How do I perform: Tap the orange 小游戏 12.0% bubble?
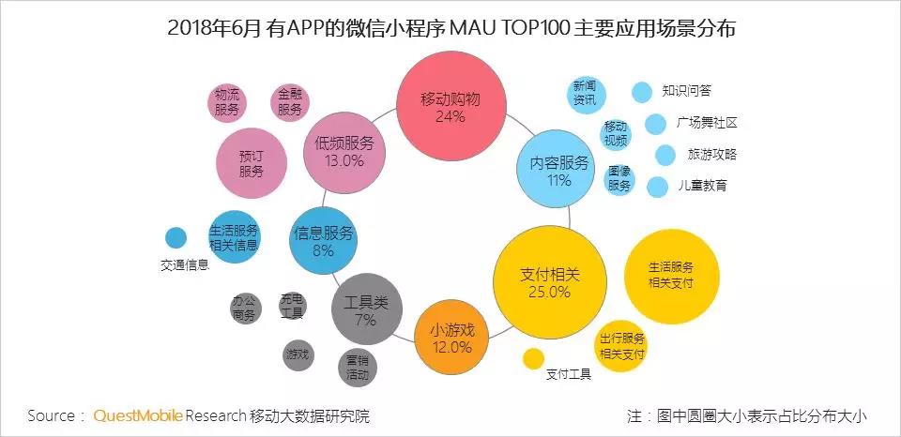point(451,338)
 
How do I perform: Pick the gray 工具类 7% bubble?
point(366,310)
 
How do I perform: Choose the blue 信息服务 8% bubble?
point(323,241)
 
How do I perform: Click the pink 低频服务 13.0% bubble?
point(344,152)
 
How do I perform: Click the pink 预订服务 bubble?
point(252,164)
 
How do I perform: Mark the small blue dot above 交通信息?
point(176,238)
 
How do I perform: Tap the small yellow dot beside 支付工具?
point(533,358)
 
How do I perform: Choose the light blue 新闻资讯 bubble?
point(585,93)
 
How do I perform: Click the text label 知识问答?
point(686,91)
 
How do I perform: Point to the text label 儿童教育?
point(702,185)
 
